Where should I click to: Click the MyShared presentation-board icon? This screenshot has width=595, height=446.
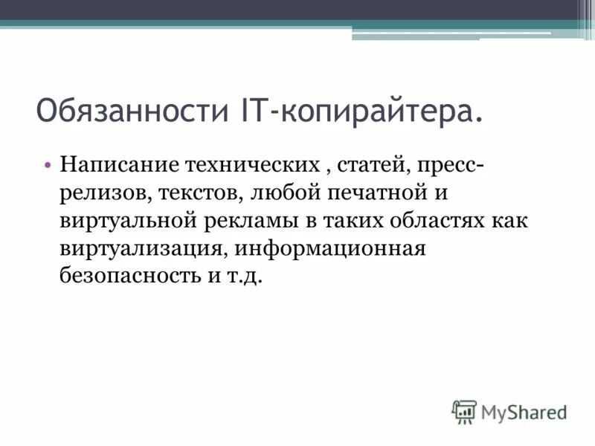pyautogui.click(x=463, y=411)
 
